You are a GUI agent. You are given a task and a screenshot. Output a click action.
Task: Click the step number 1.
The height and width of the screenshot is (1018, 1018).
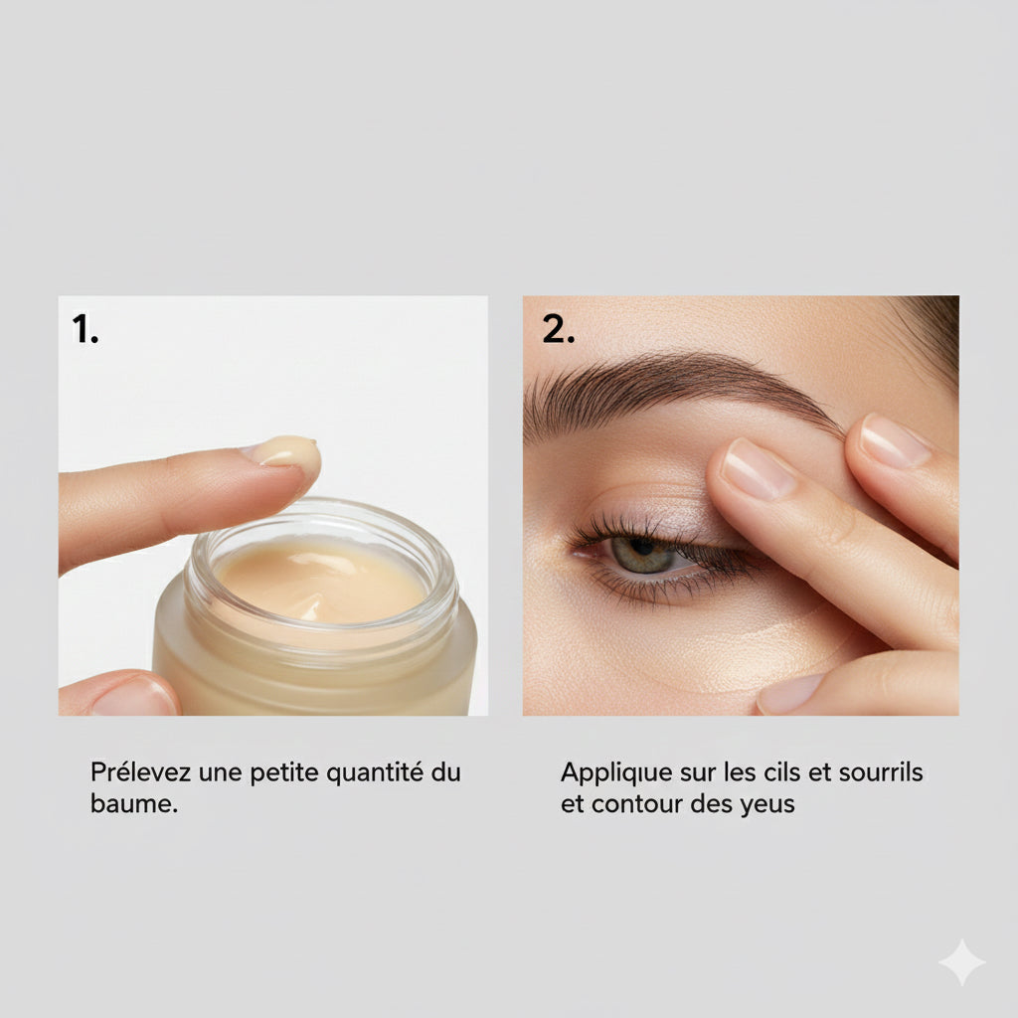click(85, 329)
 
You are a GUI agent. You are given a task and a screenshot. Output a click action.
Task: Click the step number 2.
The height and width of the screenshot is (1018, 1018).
click(558, 329)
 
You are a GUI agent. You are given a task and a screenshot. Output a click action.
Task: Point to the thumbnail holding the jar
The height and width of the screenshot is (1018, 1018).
click(134, 698)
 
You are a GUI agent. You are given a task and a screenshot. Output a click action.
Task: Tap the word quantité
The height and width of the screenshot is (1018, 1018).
click(371, 772)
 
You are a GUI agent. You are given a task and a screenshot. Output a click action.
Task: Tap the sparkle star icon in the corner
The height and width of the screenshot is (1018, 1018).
click(961, 962)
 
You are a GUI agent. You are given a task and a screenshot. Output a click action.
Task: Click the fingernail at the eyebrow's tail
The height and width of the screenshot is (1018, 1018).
click(895, 440)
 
